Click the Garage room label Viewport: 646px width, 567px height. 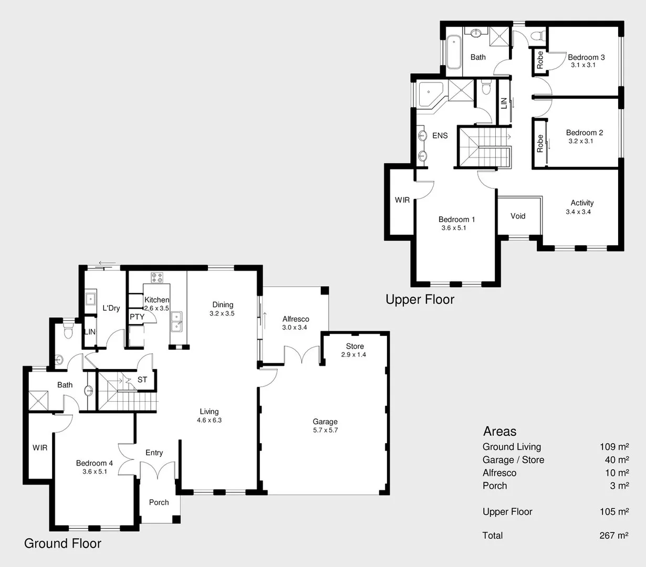(325, 422)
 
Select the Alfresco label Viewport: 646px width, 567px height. (296, 319)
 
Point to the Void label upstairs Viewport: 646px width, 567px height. (518, 216)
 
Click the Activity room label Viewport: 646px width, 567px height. (582, 203)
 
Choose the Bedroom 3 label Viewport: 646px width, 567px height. (586, 57)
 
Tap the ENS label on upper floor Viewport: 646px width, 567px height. (440, 135)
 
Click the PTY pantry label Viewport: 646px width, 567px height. (137, 317)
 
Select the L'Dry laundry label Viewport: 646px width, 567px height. (111, 308)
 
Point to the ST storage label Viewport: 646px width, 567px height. (142, 380)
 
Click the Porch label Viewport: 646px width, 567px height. (159, 502)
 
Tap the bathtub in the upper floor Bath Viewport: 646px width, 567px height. (453, 52)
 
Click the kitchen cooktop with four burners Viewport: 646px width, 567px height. (157, 277)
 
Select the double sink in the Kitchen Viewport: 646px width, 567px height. (176, 321)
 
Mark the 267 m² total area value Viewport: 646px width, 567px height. (613, 535)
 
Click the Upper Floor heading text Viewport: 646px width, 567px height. (420, 300)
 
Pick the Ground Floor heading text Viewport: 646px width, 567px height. (62, 543)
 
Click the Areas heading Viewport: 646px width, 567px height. (499, 432)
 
